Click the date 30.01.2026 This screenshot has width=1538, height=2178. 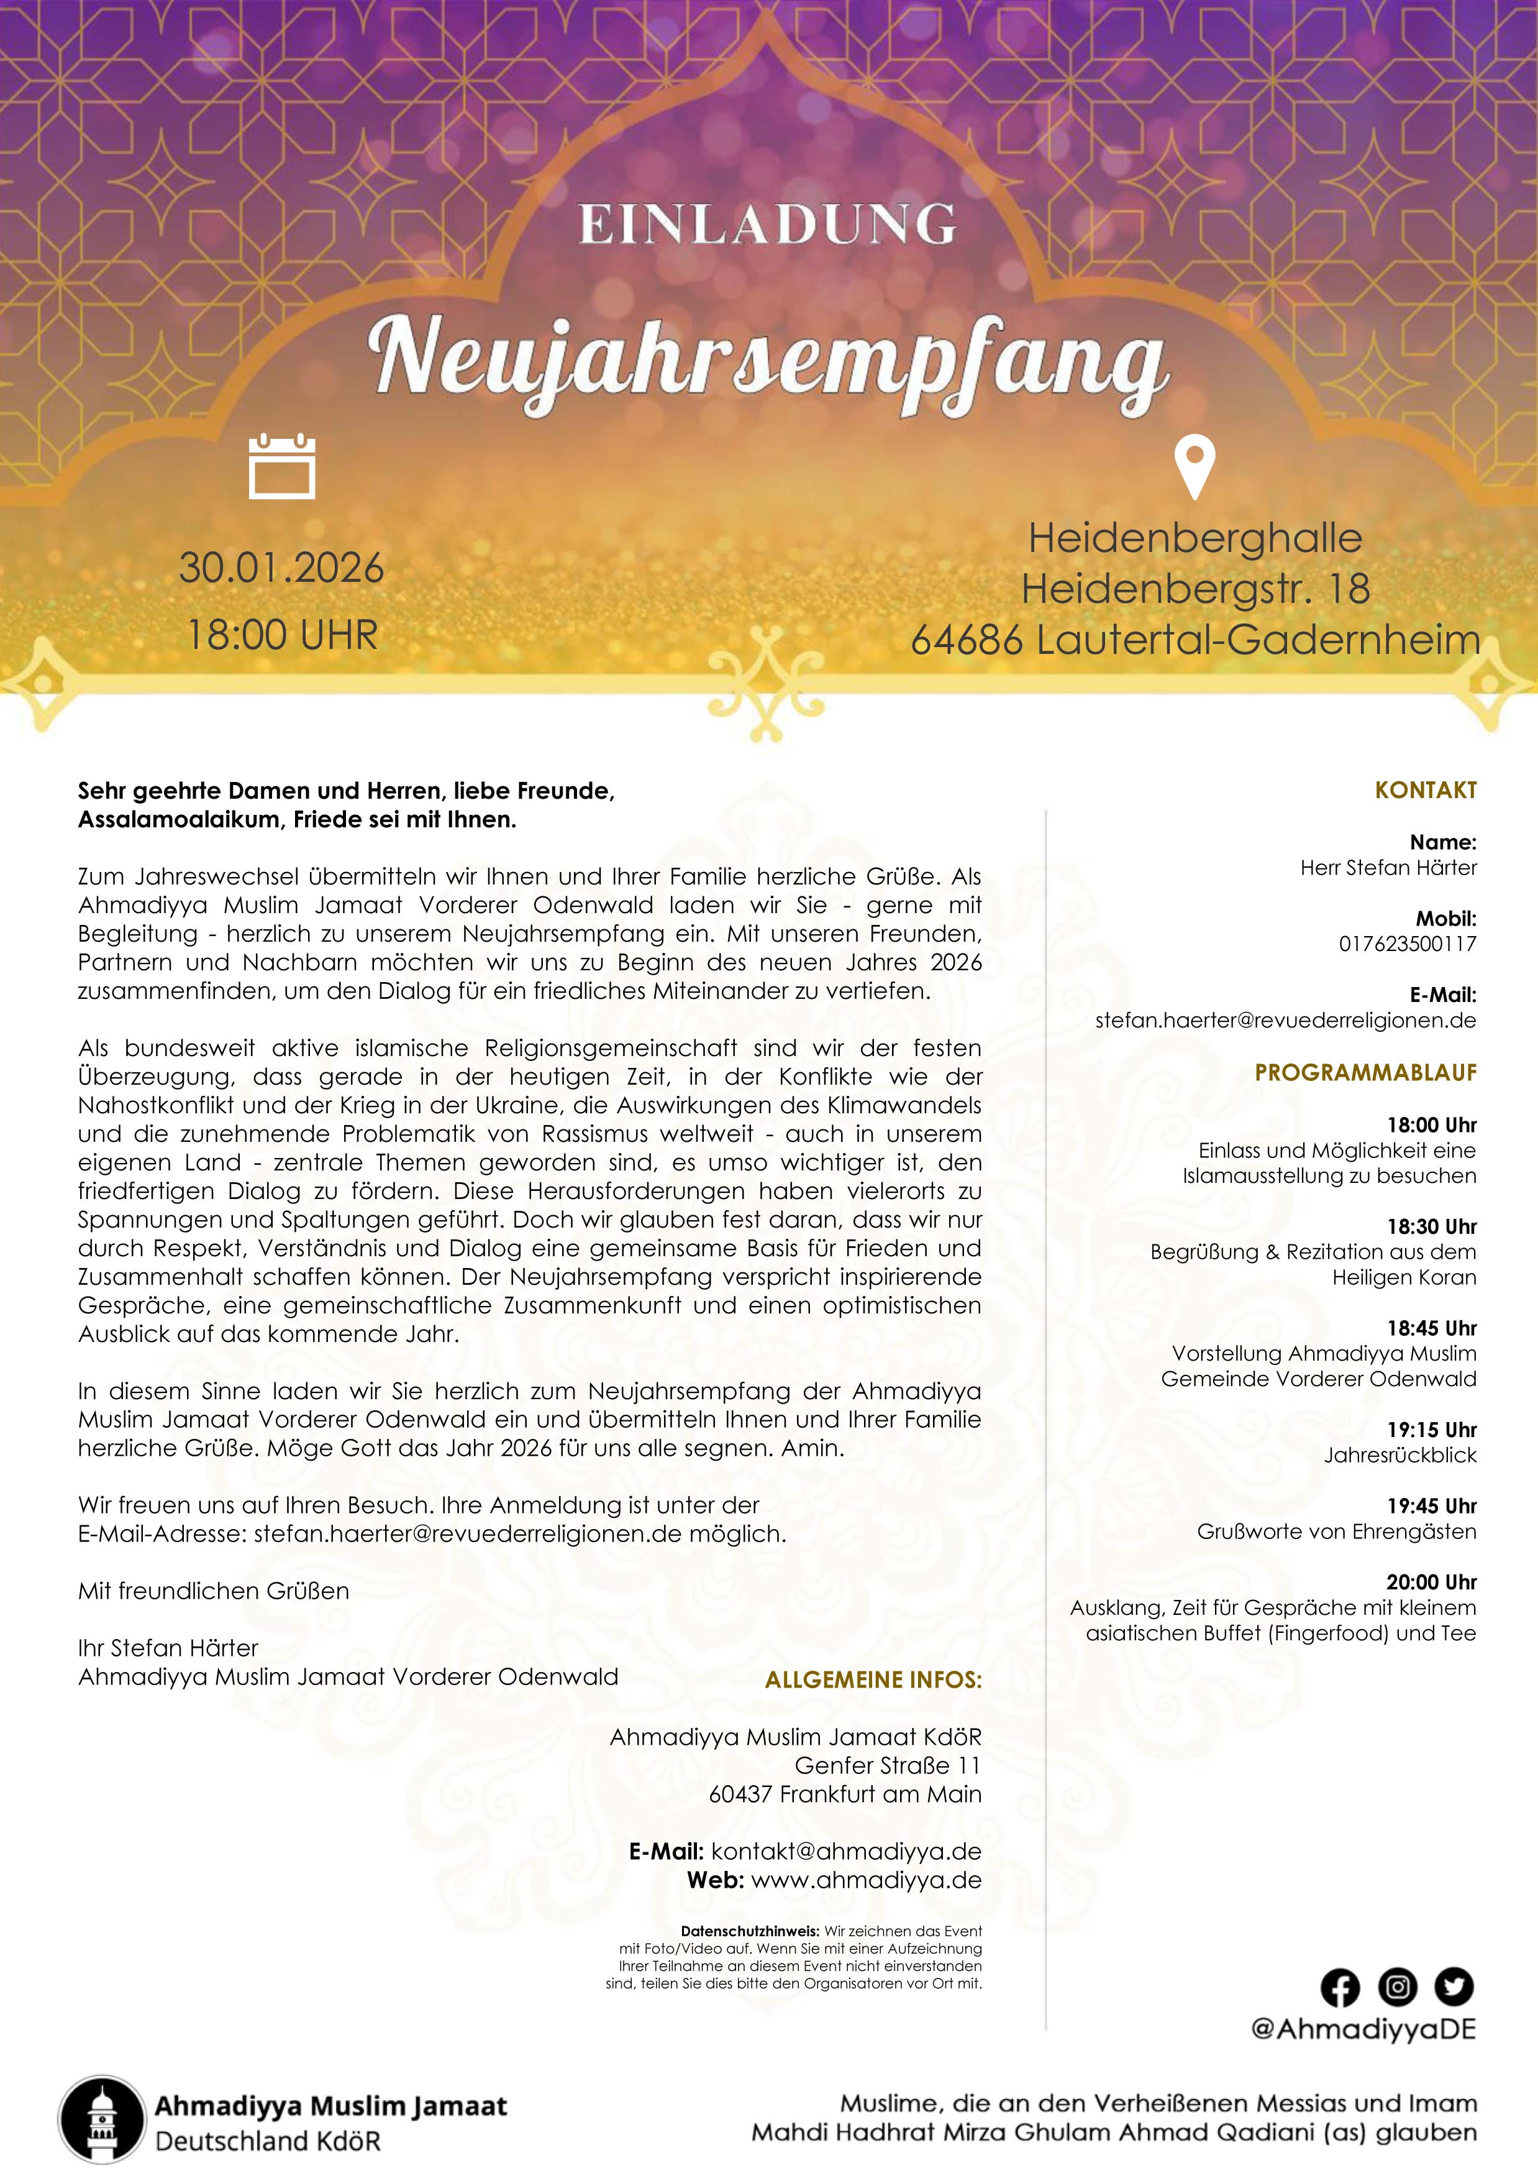point(281,567)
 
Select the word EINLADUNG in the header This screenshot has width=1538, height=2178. point(768,225)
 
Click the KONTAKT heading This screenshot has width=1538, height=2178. point(1425,790)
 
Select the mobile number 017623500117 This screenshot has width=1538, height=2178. point(1407,944)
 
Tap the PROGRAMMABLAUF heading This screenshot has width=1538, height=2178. point(1365,1073)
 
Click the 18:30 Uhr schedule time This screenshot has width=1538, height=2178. point(1432,1226)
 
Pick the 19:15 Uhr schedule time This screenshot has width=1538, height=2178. point(1432,1430)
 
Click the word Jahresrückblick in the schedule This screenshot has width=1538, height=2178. point(1399,1455)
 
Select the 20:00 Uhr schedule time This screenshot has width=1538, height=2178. point(1432,1583)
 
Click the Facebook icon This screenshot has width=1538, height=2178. point(1340,1987)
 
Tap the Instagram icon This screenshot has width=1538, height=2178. point(1397,1987)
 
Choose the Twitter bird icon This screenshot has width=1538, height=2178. point(1454,1987)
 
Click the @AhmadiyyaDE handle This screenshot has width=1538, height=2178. point(1363,2029)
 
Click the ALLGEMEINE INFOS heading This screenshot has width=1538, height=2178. point(873,1680)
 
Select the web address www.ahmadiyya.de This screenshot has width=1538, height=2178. point(866,1880)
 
